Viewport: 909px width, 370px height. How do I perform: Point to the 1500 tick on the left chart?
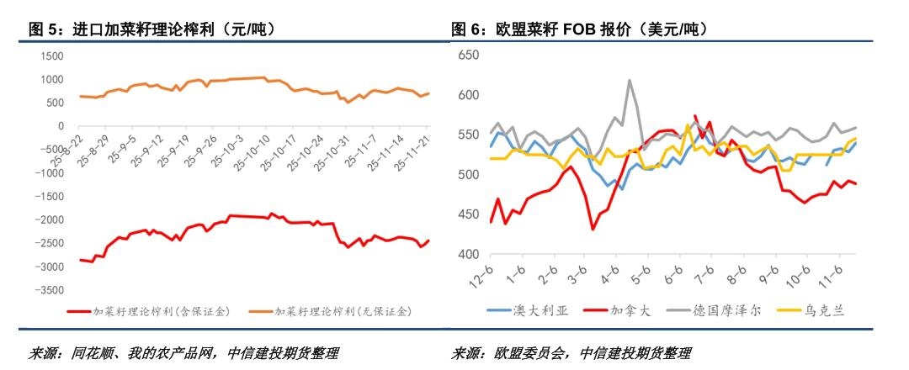(52, 55)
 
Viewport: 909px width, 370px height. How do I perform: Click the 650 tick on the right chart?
(468, 55)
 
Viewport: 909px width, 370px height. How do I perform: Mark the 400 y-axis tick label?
(468, 255)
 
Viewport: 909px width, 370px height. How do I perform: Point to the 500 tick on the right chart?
(468, 175)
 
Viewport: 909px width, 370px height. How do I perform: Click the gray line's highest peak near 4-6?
(629, 81)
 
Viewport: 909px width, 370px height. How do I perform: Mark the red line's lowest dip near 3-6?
(593, 229)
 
